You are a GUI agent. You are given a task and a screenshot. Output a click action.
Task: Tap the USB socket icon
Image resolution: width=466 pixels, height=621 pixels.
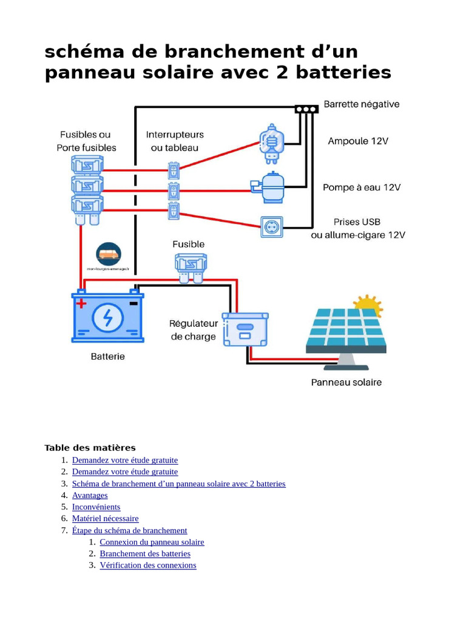271,227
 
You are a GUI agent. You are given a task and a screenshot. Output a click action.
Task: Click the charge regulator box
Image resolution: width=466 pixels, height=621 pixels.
245,329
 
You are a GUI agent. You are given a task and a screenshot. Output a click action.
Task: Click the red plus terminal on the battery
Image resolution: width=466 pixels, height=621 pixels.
81,303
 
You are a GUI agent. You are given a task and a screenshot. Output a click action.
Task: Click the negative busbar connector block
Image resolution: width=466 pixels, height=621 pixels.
306,109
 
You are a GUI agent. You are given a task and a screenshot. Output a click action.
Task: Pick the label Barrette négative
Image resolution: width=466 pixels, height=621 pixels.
362,104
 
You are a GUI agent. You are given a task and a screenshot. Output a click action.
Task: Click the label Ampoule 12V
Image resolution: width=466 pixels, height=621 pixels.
358,141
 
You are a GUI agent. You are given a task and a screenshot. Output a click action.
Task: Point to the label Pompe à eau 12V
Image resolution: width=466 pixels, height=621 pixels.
362,187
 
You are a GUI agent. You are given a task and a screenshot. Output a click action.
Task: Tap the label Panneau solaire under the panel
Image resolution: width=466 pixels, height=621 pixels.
346,383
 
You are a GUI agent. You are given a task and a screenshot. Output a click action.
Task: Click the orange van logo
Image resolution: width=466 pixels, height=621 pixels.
109,253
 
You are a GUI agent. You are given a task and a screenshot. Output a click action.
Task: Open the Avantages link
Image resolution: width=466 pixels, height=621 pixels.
90,495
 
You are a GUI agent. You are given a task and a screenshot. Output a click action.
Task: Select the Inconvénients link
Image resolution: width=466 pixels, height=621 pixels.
96,507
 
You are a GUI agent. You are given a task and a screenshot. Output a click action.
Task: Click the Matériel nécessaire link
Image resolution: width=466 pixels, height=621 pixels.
105,519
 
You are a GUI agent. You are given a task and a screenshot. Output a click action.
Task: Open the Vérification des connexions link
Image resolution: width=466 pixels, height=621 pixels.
148,565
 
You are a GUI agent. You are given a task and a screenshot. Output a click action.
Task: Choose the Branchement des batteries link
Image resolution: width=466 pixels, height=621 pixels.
145,554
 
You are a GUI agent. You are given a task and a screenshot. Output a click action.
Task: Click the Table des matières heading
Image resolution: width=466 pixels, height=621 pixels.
90,448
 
